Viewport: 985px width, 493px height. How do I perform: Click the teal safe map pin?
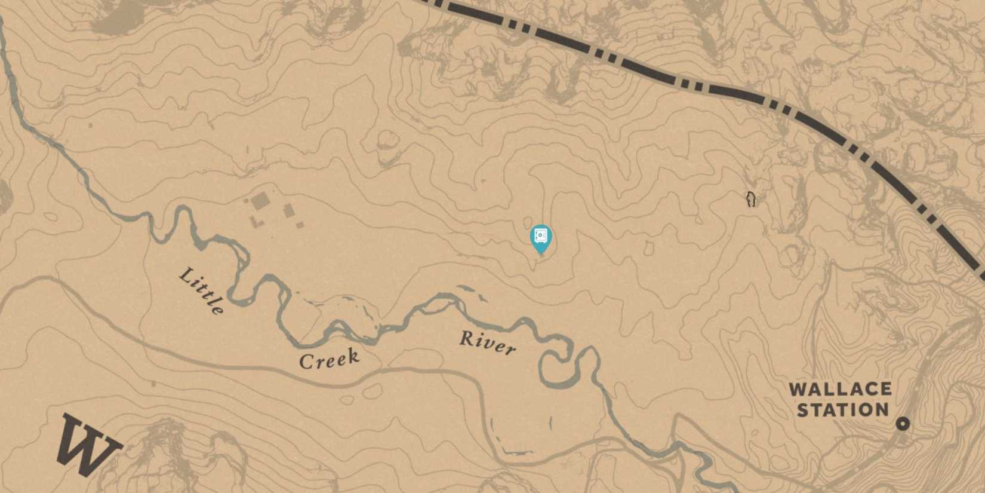coord(541,237)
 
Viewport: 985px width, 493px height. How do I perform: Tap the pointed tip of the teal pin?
coord(541,253)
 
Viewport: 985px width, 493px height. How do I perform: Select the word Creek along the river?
coord(329,359)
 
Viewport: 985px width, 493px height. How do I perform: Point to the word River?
coord(487,343)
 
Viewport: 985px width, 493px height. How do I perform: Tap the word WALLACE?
coord(840,390)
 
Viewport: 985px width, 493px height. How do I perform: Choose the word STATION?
coord(842,410)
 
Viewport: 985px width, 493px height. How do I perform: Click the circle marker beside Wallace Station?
coord(903,424)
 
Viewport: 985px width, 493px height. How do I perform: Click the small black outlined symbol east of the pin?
coord(751,199)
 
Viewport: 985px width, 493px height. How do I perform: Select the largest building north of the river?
coord(260,201)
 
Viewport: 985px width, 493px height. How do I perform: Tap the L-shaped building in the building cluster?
coord(256,222)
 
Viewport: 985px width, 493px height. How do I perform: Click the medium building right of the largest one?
coord(289,210)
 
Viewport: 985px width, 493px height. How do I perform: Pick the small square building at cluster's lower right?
coord(300,225)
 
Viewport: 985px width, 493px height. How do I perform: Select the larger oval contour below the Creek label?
coord(371,391)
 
